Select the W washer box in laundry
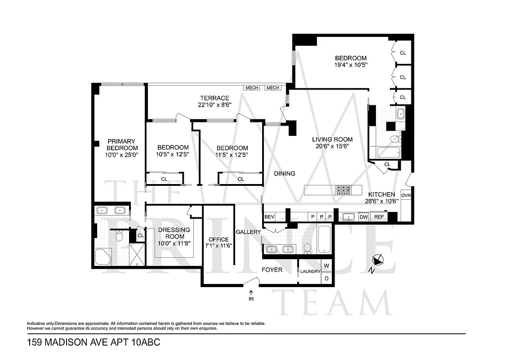point(326,265)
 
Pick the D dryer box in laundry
point(326,279)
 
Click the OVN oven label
point(406,195)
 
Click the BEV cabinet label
point(269,217)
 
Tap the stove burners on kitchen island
point(344,190)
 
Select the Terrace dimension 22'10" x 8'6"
point(214,105)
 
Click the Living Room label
point(332,139)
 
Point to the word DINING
point(285,174)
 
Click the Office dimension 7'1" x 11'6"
point(218,246)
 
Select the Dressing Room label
point(174,233)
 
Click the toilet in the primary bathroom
point(119,235)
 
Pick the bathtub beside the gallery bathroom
point(325,240)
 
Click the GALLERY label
point(248,232)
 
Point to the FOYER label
point(272,270)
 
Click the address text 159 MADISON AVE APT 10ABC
point(94,342)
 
